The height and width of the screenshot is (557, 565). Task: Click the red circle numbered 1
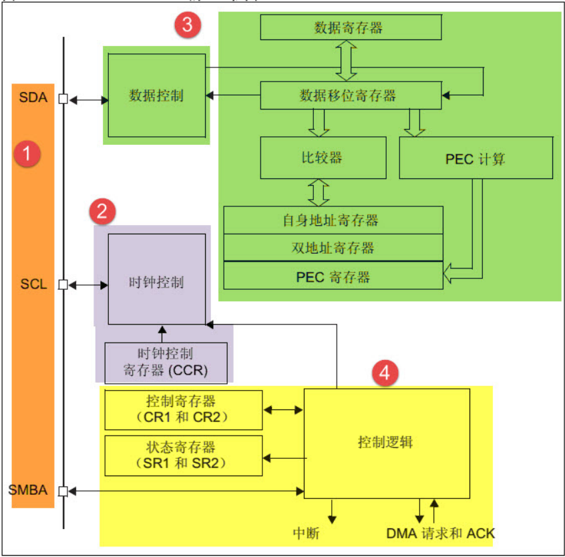[x=27, y=154]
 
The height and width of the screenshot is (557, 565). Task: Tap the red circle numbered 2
[x=102, y=212]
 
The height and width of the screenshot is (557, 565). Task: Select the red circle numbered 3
[x=188, y=25]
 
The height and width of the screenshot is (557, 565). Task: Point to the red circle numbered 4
[x=385, y=373]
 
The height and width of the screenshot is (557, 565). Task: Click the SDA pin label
[x=33, y=98]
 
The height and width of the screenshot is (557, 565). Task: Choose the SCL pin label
[x=33, y=285]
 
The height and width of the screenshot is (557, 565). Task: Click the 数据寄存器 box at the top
[x=351, y=27]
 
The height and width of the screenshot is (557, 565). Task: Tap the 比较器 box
[x=323, y=158]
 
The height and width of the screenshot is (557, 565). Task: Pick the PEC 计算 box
[x=476, y=158]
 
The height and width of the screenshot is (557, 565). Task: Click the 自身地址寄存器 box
[x=333, y=219]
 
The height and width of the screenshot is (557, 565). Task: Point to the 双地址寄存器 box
[x=333, y=248]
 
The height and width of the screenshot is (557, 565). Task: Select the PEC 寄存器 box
[x=333, y=276]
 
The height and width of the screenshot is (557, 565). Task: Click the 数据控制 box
[x=156, y=96]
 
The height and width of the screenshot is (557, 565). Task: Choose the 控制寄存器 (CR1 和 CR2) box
[x=183, y=410]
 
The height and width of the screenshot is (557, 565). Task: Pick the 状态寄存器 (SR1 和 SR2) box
[x=183, y=455]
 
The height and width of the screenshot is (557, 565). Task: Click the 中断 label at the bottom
[x=309, y=534]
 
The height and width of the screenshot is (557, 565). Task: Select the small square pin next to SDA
[x=63, y=100]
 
